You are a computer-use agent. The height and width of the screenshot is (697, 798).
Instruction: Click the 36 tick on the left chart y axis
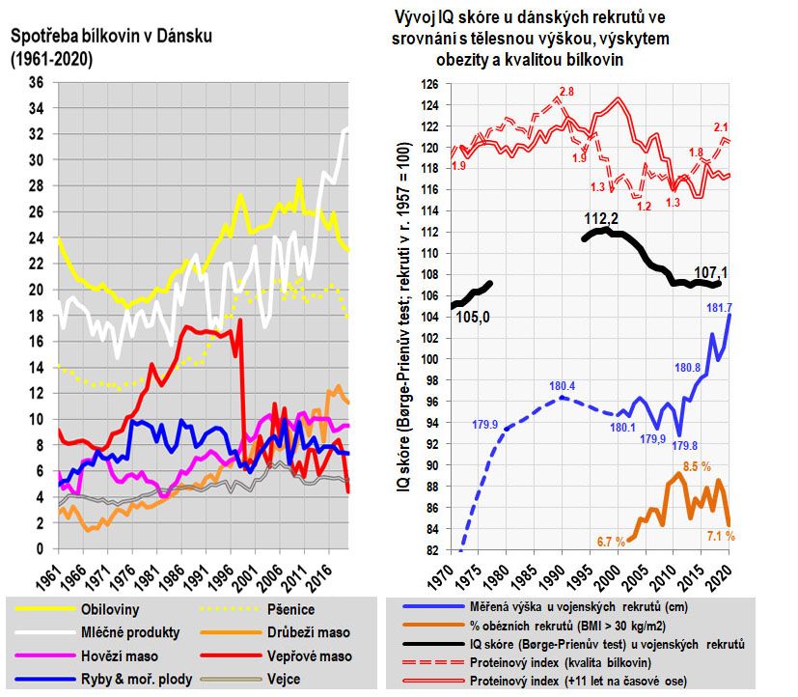point(38,82)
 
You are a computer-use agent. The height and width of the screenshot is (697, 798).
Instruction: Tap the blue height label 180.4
point(563,387)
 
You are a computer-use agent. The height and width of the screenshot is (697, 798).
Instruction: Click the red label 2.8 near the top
point(566,91)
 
